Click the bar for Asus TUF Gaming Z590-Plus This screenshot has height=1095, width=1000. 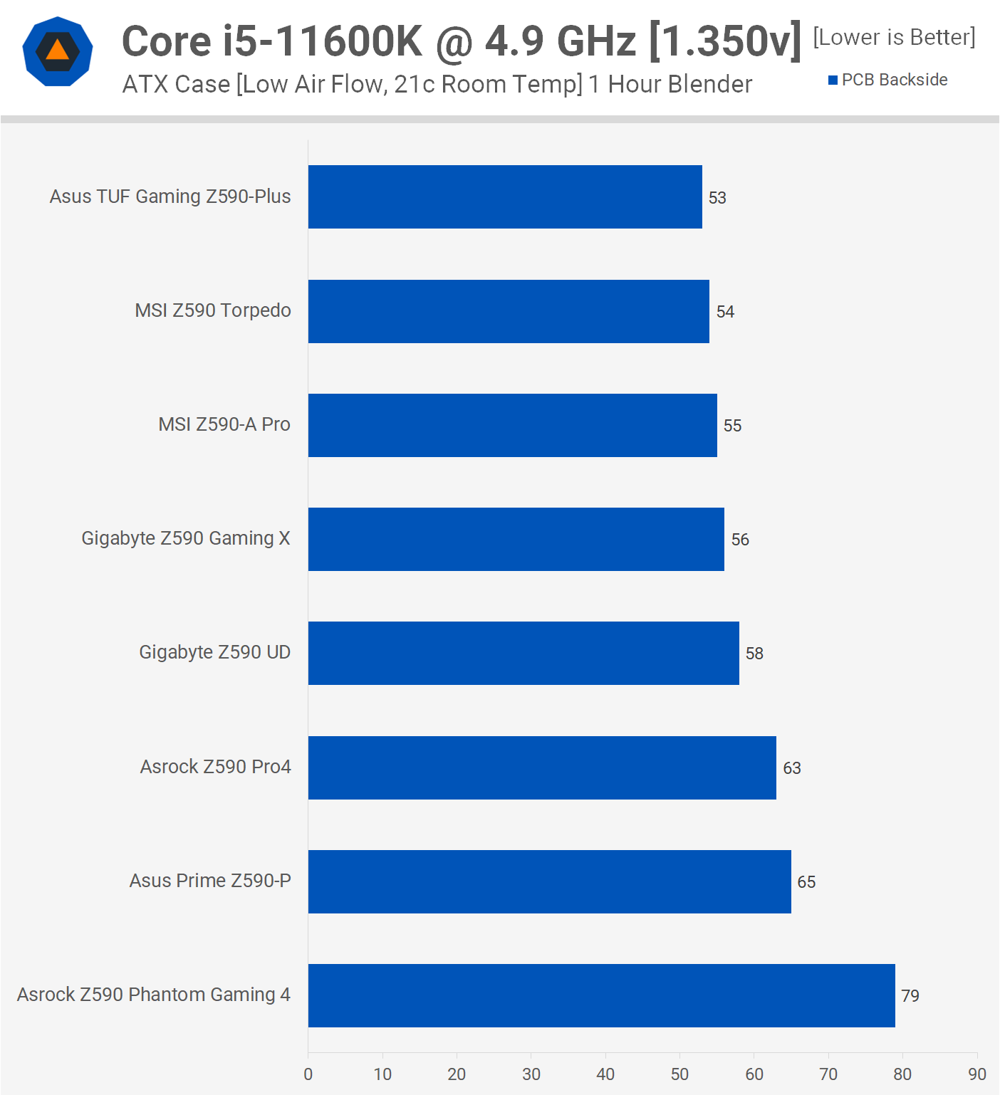(x=505, y=197)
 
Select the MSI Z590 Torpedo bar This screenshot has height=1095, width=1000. (x=509, y=311)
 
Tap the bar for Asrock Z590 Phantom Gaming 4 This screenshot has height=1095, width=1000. (x=601, y=995)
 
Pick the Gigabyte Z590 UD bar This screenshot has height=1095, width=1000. (x=524, y=653)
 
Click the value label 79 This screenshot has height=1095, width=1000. (x=910, y=996)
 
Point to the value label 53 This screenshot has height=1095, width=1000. (x=717, y=198)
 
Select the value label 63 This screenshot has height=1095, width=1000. (x=792, y=768)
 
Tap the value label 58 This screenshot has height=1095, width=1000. (x=754, y=654)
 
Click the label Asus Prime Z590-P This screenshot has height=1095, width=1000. (x=210, y=881)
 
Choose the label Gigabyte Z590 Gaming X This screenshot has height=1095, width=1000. (x=186, y=538)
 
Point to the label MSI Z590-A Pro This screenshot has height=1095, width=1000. (x=224, y=424)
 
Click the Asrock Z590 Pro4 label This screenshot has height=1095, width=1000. (x=215, y=767)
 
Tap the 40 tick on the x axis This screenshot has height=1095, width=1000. (x=605, y=1074)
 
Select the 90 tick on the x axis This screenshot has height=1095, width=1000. (x=976, y=1074)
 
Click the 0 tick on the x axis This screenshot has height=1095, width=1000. (x=308, y=1074)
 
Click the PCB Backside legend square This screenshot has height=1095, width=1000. (x=833, y=80)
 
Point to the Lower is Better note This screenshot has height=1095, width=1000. (x=894, y=37)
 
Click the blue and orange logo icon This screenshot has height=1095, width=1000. (x=58, y=51)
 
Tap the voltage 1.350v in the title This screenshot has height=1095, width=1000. (x=726, y=41)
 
